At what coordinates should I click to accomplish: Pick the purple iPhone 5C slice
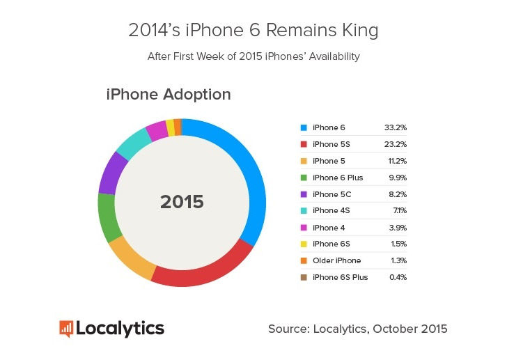click(111, 173)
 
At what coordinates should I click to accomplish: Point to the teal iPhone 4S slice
click(130, 142)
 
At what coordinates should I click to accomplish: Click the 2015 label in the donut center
click(182, 202)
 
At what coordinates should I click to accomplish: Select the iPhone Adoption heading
click(169, 94)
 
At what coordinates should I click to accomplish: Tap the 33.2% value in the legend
click(395, 127)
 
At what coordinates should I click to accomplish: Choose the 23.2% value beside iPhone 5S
click(395, 144)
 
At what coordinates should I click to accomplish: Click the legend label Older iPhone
click(337, 260)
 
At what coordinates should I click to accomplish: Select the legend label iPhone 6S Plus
click(341, 277)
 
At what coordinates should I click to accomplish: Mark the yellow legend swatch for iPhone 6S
click(304, 244)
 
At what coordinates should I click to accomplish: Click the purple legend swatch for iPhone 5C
click(304, 194)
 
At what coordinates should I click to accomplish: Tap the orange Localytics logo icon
click(66, 328)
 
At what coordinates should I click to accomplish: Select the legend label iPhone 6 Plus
click(338, 178)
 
